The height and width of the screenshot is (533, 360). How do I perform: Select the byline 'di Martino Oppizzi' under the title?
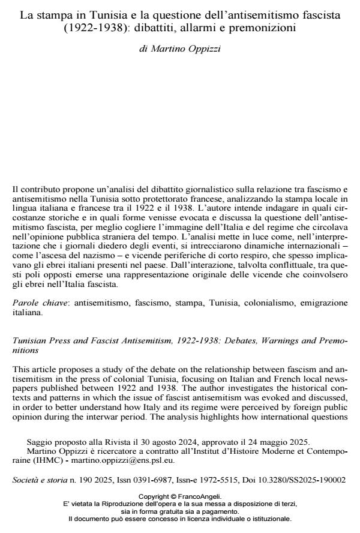[x=179, y=47]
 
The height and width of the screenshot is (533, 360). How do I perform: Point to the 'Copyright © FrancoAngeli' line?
[x=179, y=496]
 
